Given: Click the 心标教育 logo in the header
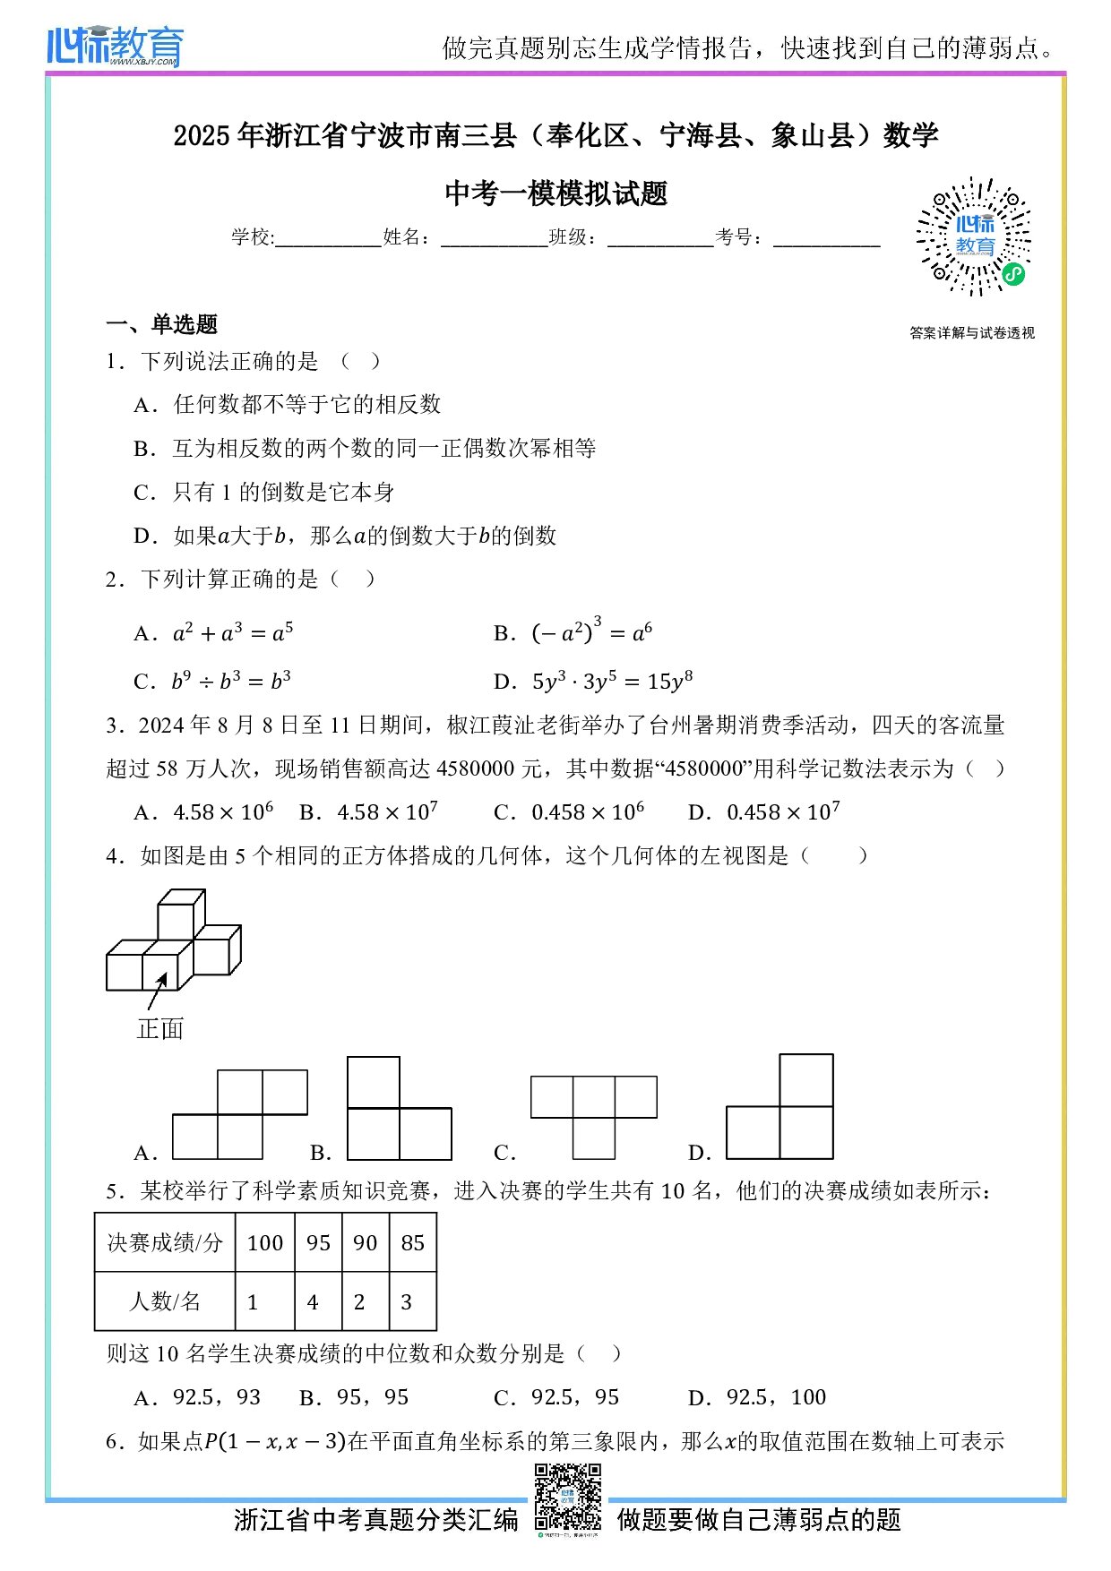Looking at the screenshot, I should point(115,46).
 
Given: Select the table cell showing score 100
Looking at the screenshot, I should point(265,1242).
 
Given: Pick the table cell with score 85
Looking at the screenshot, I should point(413,1242).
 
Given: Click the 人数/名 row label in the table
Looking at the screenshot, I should point(165,1301).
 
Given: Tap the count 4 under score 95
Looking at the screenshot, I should point(313,1301).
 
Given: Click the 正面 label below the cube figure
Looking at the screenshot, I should point(160,1028).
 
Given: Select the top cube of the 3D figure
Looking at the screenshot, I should point(180,915).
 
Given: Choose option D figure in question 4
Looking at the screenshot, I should point(779,1108).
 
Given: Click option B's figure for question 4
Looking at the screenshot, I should point(399,1109).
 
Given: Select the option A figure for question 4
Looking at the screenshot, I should point(239,1114).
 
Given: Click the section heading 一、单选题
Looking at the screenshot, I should point(162,324).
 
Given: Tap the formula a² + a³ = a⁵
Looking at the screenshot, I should point(233,633).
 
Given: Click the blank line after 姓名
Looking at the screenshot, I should point(494,238).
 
